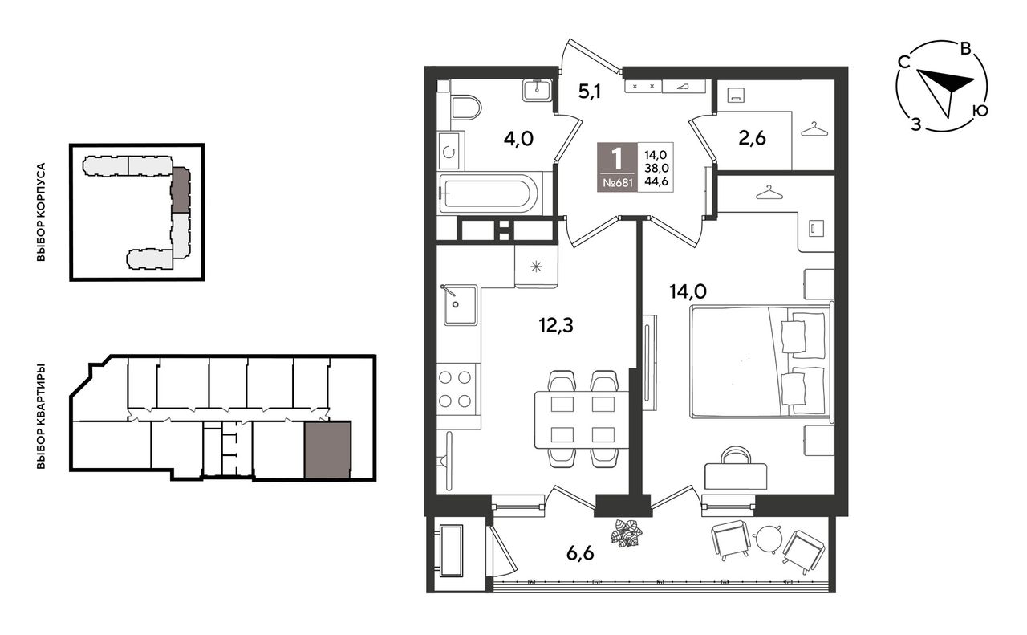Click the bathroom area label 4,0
(518, 138)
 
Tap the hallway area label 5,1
(589, 92)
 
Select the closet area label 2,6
(752, 137)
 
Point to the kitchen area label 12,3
(556, 325)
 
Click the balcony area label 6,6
(580, 553)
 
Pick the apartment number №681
(617, 183)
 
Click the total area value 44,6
(656, 181)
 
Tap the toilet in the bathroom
(465, 108)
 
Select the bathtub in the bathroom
(489, 194)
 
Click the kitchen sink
(461, 304)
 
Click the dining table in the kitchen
(582, 419)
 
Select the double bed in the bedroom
(761, 362)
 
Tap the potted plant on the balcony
(627, 533)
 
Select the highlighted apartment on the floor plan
(327, 450)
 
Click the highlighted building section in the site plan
(181, 189)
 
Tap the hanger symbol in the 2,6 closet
(814, 129)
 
